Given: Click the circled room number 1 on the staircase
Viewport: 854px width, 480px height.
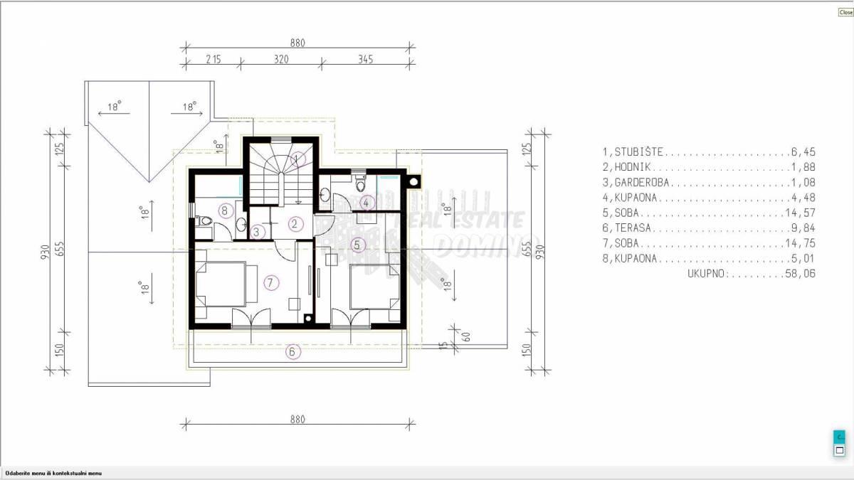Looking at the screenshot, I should pos(299,159).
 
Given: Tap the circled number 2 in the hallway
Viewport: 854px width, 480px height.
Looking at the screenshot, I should pos(295,223).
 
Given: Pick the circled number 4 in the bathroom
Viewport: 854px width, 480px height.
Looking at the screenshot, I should pos(367,203).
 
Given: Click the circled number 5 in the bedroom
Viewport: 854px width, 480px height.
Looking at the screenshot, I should pos(359,244).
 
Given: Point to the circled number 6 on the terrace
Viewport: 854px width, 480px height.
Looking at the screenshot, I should pos(291,351).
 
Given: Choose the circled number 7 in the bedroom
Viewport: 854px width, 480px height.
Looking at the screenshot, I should pos(270,282).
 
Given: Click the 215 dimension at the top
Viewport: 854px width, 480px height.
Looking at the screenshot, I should pos(213,60).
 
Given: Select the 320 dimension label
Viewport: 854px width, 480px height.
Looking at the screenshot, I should pos(281,60).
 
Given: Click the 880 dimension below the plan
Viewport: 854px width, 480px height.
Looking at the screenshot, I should pos(297,420).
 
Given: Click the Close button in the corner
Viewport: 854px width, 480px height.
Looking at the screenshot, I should pos(845,12).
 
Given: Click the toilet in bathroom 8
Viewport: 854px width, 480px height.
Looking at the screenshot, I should pos(206,222).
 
